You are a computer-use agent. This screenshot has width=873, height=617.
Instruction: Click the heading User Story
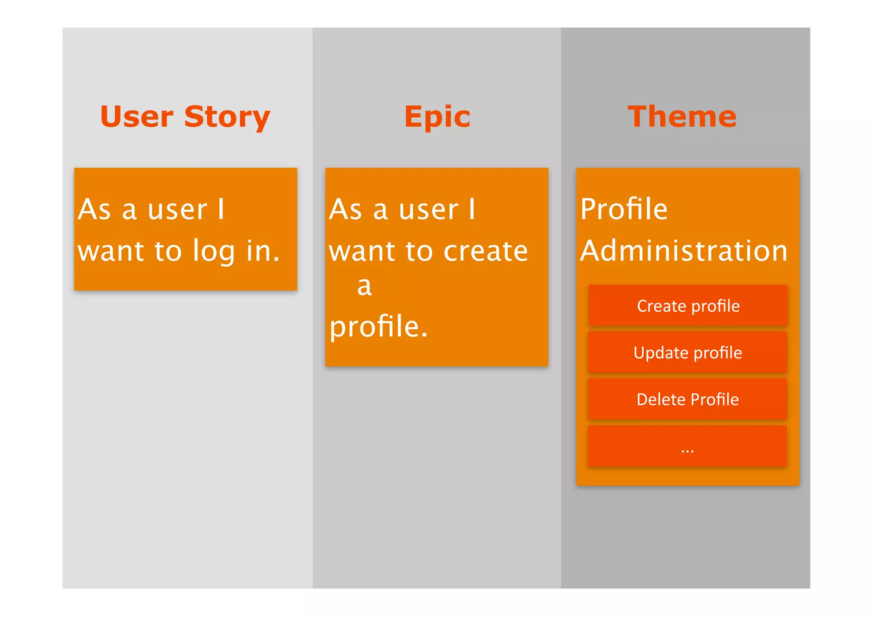pos(185,117)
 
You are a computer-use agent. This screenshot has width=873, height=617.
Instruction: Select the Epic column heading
pos(437,117)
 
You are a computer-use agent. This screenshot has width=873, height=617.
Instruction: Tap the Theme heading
pos(682,117)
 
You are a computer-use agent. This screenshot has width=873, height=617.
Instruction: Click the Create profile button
pos(688,306)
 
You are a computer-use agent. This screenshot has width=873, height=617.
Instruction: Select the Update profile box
pos(688,353)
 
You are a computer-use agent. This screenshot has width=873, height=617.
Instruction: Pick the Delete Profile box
pos(688,400)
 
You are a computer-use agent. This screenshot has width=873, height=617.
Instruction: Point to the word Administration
pos(683,251)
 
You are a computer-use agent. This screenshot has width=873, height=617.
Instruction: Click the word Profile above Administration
pos(624,209)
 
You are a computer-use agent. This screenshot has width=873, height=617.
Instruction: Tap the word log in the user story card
pos(213,252)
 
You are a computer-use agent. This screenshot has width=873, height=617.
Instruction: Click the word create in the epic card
pos(486,252)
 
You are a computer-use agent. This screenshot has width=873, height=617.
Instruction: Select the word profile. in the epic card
pos(378,327)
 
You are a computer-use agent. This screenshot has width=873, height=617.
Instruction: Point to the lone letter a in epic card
pos(364,286)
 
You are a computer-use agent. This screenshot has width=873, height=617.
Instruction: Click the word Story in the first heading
pos(227,117)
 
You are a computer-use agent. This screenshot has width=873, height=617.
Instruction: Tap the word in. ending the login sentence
pos(263,251)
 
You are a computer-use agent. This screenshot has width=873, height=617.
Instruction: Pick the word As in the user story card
pos(94,209)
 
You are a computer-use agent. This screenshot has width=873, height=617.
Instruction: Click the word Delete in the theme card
pos(660,400)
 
